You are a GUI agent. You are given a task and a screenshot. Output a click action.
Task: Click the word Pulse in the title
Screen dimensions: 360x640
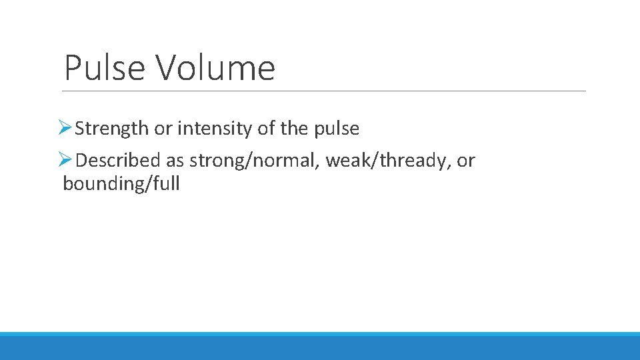coord(103,68)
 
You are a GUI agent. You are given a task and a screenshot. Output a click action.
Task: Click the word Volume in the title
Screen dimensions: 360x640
coord(215,68)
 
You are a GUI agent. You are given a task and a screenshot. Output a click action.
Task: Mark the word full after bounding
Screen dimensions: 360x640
coord(166,184)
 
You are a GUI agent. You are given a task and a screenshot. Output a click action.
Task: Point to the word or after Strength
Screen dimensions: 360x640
coord(163,129)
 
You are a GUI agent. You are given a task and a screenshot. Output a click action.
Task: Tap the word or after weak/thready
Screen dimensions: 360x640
coord(466,161)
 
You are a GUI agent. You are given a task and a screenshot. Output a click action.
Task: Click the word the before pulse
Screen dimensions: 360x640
coord(294,129)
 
